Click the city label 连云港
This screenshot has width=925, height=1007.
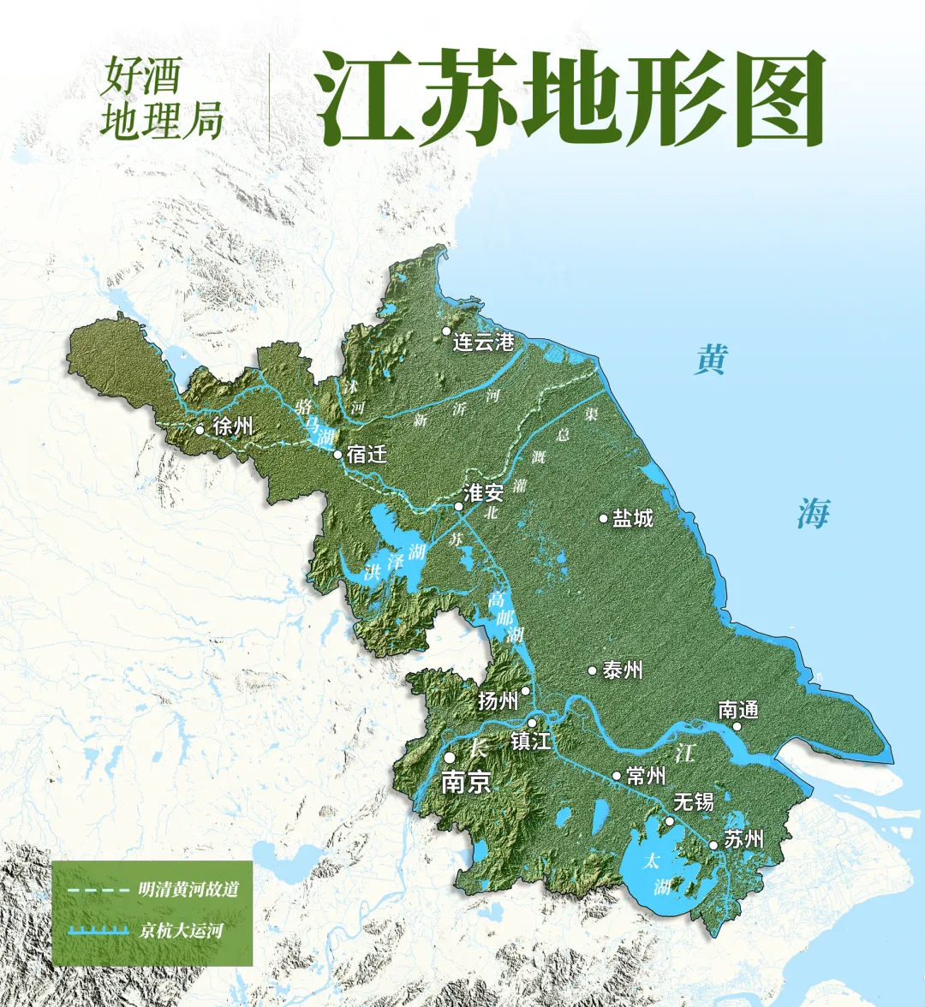484,343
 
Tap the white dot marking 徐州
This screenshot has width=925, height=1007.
200,430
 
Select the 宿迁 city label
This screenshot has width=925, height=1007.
367,455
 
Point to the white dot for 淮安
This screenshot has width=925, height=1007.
459,506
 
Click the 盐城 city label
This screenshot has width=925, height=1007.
633,518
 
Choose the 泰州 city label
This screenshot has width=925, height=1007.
623,670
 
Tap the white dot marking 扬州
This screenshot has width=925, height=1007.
525,690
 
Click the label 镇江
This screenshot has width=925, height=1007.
530,741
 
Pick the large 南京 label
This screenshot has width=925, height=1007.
466,783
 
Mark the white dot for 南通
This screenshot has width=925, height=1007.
737,726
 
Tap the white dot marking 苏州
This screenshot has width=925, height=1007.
713,845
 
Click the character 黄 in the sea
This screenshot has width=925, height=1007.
711,360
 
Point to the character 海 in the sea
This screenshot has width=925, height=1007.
813,514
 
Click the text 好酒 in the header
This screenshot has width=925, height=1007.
134,78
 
